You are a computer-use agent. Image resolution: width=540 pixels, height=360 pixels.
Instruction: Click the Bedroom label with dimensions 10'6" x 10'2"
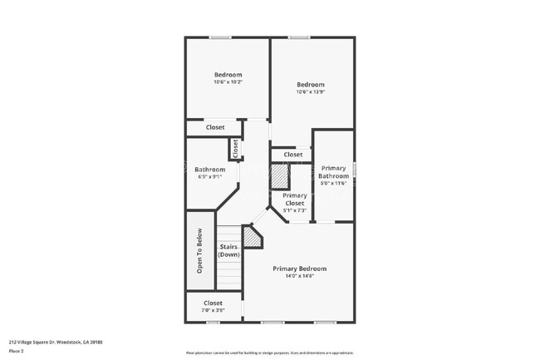(x=227, y=75)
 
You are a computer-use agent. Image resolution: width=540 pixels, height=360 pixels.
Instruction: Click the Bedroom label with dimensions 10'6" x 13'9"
(x=310, y=84)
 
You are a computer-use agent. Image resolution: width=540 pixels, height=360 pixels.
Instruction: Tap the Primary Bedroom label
(x=300, y=269)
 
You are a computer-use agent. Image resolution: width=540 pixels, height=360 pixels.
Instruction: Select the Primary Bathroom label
(x=334, y=171)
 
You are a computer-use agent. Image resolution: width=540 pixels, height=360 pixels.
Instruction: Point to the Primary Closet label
(x=295, y=199)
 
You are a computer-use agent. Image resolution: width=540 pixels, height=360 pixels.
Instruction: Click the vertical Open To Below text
(x=199, y=252)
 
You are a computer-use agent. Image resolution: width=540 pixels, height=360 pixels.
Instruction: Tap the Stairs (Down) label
(x=229, y=250)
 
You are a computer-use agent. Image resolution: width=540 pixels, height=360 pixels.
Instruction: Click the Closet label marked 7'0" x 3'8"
(x=213, y=303)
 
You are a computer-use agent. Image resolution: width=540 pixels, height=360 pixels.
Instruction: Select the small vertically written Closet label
(x=235, y=148)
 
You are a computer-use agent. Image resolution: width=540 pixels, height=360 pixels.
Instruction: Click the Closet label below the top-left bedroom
(x=215, y=127)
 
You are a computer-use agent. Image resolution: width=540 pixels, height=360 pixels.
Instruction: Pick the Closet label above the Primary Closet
(x=292, y=155)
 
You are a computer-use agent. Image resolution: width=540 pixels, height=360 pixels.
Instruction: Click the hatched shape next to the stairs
(x=251, y=237)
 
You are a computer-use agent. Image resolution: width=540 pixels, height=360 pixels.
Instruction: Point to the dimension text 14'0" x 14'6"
(x=300, y=276)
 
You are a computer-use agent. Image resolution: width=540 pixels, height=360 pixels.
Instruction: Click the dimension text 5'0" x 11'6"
(x=334, y=184)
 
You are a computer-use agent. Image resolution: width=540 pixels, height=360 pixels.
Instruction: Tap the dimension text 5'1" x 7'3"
(x=295, y=210)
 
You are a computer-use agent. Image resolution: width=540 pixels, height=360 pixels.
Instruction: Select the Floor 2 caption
(x=17, y=351)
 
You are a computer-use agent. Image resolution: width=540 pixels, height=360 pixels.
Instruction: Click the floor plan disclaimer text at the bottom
(x=269, y=353)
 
